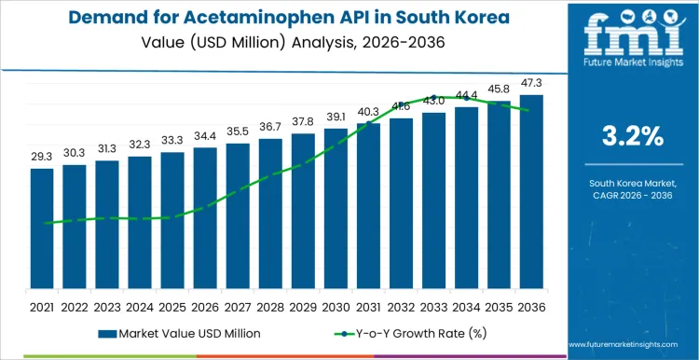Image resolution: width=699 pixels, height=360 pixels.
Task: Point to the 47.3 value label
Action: (x=531, y=83)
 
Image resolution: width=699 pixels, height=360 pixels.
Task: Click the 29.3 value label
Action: (x=41, y=158)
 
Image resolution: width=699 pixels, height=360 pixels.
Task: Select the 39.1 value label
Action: (x=336, y=117)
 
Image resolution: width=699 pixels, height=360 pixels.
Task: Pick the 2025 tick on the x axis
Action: (x=171, y=306)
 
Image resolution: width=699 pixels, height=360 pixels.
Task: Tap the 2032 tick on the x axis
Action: (x=401, y=306)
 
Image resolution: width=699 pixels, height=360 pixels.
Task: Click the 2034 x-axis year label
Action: (x=466, y=306)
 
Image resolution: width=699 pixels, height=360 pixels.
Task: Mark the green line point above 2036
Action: (x=531, y=110)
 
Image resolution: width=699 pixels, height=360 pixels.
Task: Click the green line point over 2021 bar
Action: (x=41, y=223)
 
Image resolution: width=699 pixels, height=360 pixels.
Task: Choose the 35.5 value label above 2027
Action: (x=238, y=132)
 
